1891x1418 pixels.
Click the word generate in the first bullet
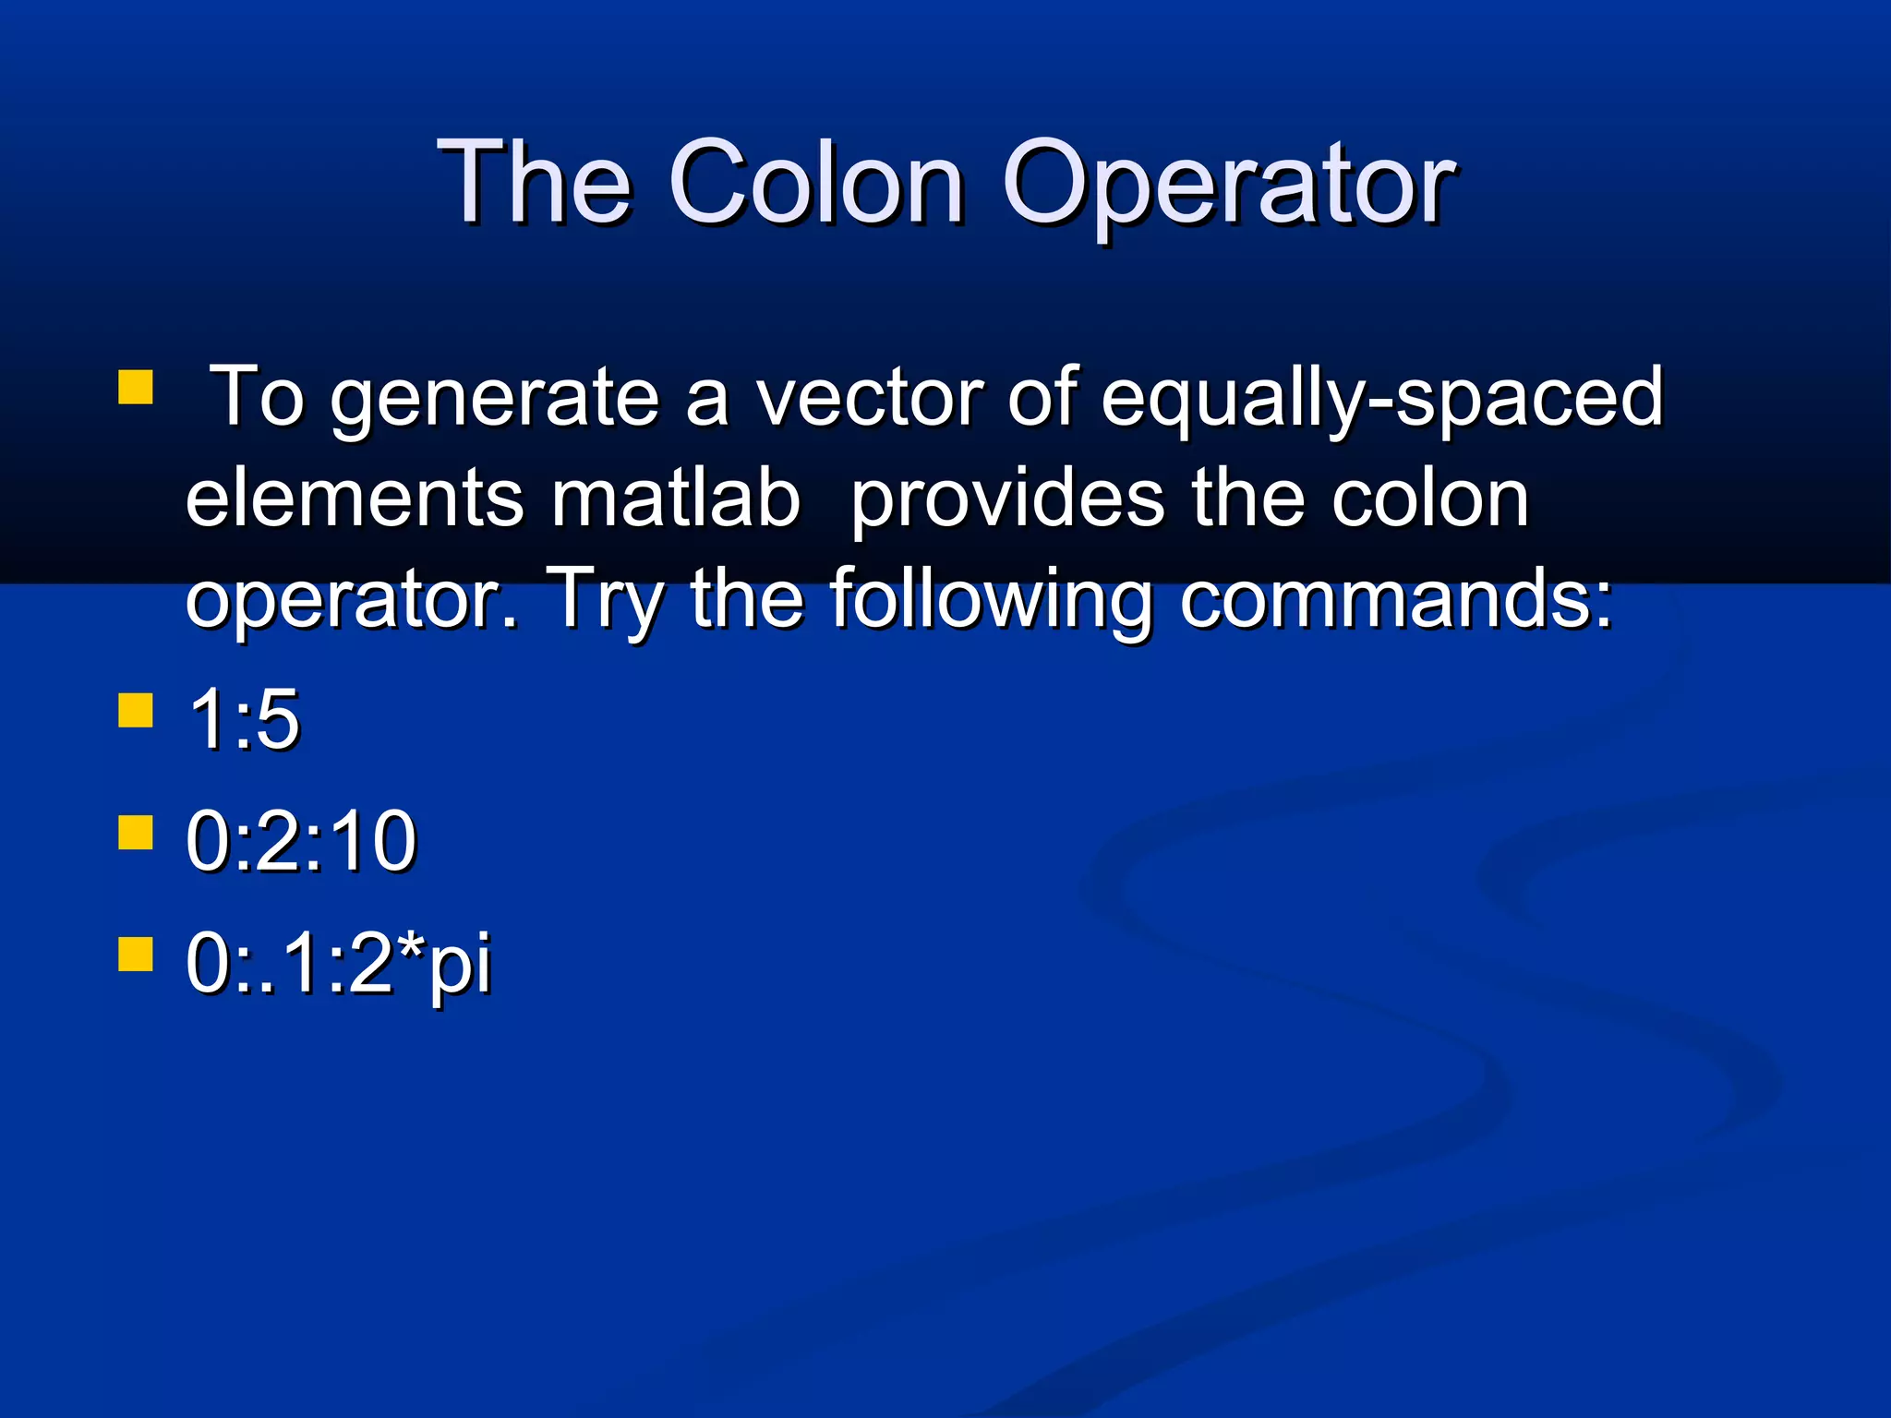[x=495, y=399]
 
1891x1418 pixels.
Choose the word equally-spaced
[x=1381, y=399]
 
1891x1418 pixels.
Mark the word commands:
[x=1396, y=600]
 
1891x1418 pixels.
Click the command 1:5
[x=244, y=720]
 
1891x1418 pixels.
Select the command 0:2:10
[x=301, y=841]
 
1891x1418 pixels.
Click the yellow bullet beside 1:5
[x=136, y=712]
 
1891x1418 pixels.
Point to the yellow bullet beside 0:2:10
[x=136, y=832]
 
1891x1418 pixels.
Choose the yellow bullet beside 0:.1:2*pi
[x=136, y=955]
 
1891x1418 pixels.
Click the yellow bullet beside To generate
[x=136, y=389]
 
